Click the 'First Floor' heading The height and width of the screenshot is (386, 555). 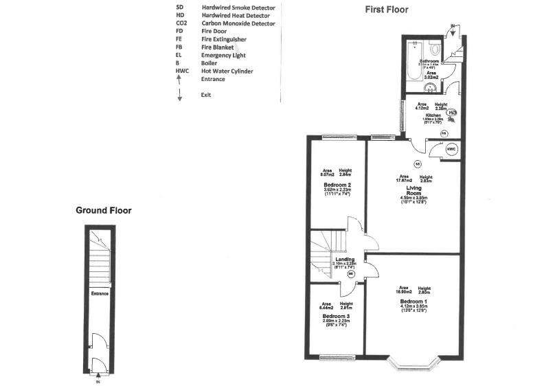coord(386,10)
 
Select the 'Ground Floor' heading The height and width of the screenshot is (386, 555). coord(103,211)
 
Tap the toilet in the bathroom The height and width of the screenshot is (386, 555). coord(433,49)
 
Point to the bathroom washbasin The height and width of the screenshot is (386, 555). coord(430,87)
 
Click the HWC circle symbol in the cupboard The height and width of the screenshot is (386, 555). coord(451,149)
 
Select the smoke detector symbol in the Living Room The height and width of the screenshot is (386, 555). coord(417,164)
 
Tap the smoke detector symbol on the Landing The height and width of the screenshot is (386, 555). coord(351,274)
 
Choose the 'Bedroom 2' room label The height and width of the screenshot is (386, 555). coord(337,185)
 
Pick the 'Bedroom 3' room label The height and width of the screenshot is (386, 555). coord(337,316)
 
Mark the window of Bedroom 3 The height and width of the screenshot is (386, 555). coord(337,356)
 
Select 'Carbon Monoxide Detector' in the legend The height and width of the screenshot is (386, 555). coord(238,24)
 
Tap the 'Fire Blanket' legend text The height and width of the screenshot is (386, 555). coord(218,47)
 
